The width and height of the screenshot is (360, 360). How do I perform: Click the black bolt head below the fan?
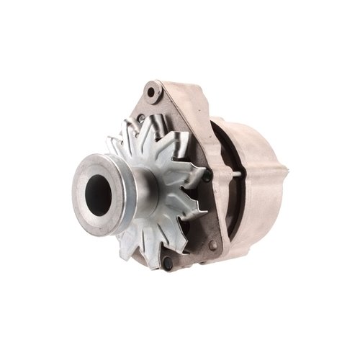click(x=168, y=264)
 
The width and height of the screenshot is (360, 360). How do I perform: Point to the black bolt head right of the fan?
click(x=207, y=175)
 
